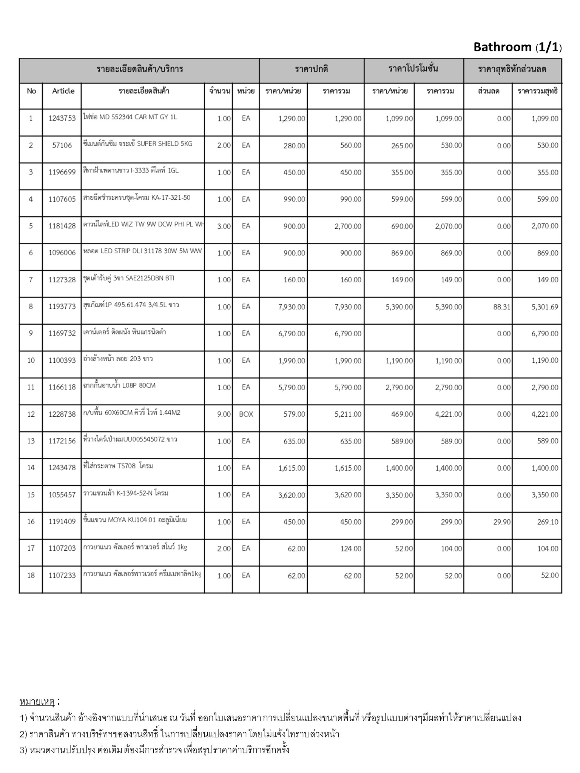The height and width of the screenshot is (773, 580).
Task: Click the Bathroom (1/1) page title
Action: (x=517, y=47)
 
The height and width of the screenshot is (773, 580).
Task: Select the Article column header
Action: (x=63, y=91)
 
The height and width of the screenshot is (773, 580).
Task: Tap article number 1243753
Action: (x=62, y=119)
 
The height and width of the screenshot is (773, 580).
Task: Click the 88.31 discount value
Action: (x=501, y=307)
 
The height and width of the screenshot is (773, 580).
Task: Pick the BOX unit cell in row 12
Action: (x=246, y=414)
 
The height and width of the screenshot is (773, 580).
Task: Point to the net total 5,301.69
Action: (x=545, y=307)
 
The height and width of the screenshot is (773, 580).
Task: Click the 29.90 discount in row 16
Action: (x=501, y=522)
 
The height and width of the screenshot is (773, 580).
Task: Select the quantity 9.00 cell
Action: (x=224, y=414)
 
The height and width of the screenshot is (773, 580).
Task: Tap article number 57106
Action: (x=62, y=145)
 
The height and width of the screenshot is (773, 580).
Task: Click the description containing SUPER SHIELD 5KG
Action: (x=138, y=144)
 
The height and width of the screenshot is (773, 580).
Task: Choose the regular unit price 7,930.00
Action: (x=292, y=307)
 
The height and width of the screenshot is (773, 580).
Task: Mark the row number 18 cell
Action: (x=31, y=575)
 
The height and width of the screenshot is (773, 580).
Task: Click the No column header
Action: (x=31, y=91)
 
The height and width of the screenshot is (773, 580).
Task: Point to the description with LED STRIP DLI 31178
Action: (x=143, y=251)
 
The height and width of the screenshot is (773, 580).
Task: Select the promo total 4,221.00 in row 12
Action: (x=448, y=414)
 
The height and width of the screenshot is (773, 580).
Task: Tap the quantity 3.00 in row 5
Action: (x=224, y=226)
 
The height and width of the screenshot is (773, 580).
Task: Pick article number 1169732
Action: (x=62, y=333)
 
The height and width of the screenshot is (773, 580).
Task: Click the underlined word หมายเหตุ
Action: (x=37, y=702)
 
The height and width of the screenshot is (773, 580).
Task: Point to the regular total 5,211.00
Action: (x=348, y=414)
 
